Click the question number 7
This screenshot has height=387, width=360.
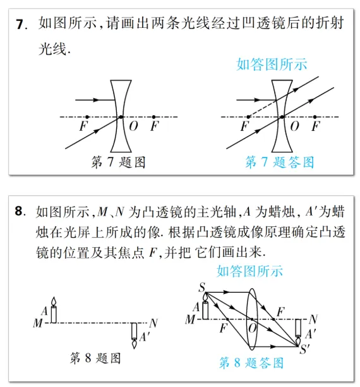click(x=21, y=25)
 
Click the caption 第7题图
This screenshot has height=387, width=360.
click(x=118, y=163)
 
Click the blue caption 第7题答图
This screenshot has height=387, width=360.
click(x=279, y=163)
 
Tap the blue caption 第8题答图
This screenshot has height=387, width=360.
click(x=251, y=363)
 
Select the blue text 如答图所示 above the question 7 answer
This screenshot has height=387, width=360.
click(x=272, y=64)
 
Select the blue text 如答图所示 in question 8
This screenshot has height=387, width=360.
click(x=250, y=271)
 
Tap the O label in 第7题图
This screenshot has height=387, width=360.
click(x=133, y=126)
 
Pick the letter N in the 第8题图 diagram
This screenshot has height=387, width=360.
click(x=154, y=322)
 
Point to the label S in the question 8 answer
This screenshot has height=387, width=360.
click(x=201, y=289)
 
